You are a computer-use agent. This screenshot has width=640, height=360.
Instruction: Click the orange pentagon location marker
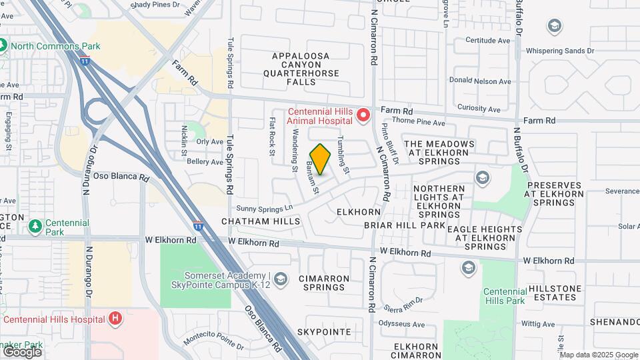coord(321,159)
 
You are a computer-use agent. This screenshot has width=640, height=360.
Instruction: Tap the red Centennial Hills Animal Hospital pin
coord(363,116)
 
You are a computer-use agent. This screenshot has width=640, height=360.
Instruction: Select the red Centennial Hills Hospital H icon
coord(115,318)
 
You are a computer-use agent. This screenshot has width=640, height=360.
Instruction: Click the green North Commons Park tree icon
coord(3,46)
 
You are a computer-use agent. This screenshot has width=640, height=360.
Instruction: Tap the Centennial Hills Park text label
coord(505,296)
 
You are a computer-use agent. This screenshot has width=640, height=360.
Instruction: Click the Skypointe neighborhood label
coord(324,331)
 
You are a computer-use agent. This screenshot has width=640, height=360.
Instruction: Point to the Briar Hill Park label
coord(404,225)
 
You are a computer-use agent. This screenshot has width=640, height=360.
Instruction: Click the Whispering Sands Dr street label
coord(559,51)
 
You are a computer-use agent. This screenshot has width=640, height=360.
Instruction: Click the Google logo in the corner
coord(22,351)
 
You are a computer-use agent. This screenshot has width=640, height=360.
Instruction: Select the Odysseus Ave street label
coord(402,325)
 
